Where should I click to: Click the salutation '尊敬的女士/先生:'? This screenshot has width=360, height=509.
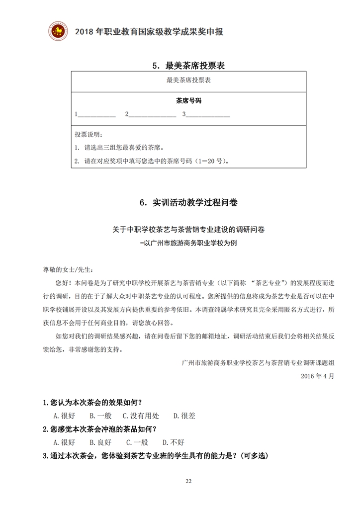(x=68, y=269)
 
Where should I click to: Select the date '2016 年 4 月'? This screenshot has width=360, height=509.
(x=317, y=376)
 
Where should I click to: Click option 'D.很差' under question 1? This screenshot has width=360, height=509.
(x=184, y=416)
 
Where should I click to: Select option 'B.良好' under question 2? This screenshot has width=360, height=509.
(x=100, y=442)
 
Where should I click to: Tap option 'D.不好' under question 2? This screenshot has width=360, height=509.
(x=174, y=442)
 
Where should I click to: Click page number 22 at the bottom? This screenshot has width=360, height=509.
(x=188, y=481)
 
